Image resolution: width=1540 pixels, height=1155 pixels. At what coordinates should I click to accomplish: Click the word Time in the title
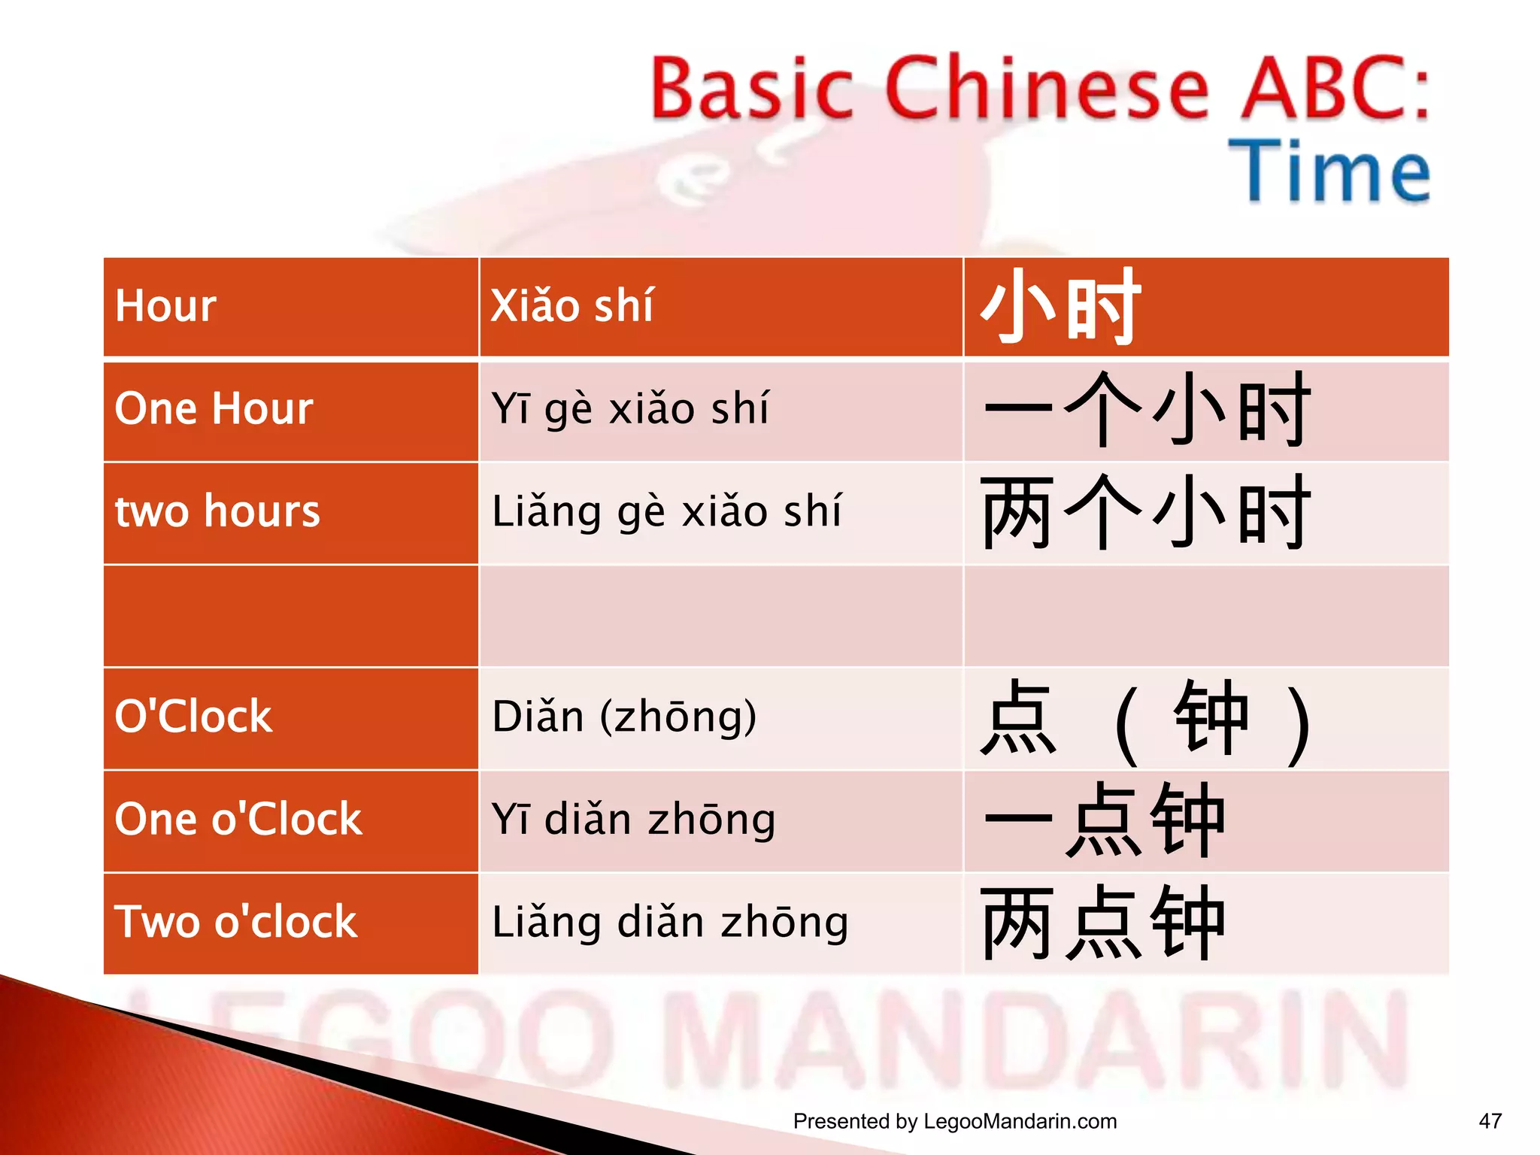pos(1329,171)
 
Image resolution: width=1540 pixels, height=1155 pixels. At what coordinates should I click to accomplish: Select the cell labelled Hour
pos(165,306)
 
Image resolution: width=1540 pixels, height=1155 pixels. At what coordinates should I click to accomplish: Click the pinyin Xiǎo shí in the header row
pos(571,306)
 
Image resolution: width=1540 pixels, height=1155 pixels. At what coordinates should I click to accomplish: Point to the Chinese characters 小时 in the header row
pos(1061,306)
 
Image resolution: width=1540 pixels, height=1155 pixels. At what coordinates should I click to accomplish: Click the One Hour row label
pos(214,409)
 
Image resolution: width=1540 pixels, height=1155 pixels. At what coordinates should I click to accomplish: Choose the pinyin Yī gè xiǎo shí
pos(630,409)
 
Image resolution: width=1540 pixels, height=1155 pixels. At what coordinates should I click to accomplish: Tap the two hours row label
pos(217,511)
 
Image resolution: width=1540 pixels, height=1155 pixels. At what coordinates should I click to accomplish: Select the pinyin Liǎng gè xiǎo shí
pos(666,511)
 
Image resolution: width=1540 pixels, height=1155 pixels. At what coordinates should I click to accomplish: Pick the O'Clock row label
pos(193,716)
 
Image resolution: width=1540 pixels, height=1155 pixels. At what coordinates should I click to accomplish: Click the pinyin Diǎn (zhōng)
pos(624,716)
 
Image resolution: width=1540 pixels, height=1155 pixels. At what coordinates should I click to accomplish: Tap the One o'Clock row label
pos(238,819)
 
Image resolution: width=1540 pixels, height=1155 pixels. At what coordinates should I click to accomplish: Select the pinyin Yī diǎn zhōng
pos(633,819)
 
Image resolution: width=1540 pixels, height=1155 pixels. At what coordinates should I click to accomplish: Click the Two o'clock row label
pos(235,922)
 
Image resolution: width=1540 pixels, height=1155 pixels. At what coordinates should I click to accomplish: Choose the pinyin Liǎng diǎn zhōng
pos(670,922)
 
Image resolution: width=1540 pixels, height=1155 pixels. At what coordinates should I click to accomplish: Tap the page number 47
pos(1490,1121)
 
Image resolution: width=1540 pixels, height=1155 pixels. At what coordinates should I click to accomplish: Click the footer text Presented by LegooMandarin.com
pos(954,1121)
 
